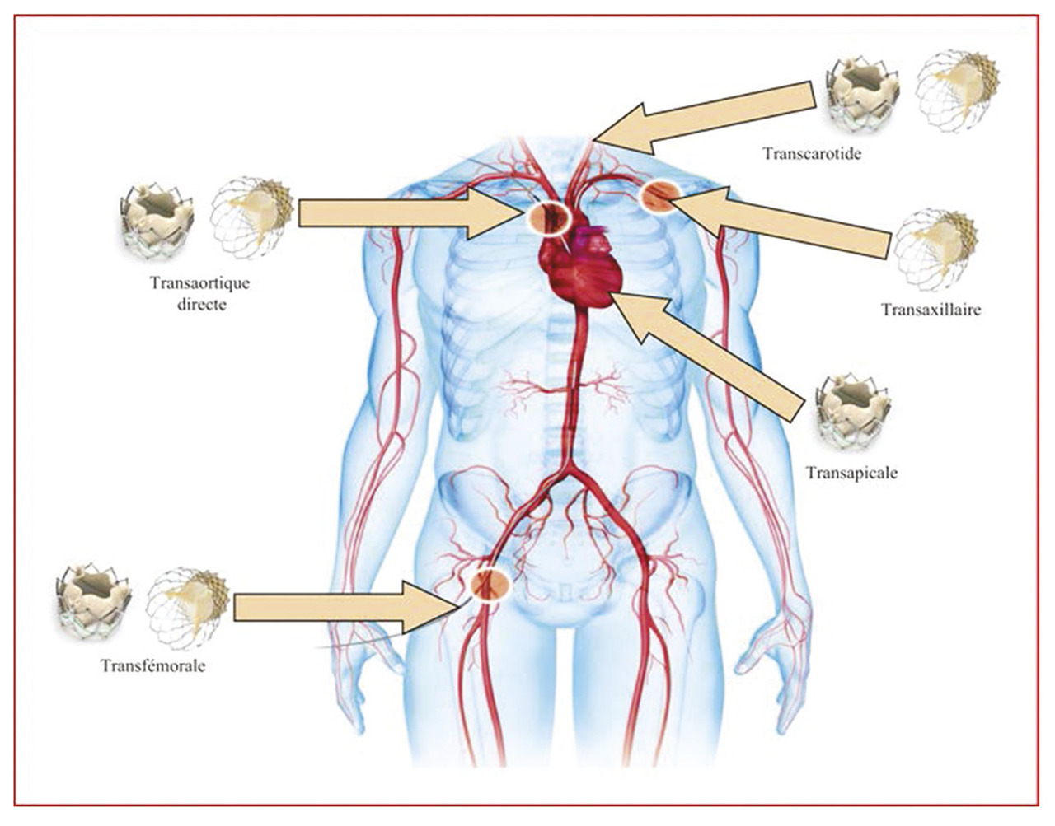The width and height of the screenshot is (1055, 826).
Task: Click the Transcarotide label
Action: [811, 153]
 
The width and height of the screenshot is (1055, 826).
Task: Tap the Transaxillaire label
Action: [931, 310]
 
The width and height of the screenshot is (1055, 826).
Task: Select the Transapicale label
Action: [851, 473]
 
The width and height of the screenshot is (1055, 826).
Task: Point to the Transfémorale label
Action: [153, 665]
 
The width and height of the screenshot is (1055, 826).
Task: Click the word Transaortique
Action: [200, 284]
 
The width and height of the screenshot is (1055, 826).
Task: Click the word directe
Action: [201, 304]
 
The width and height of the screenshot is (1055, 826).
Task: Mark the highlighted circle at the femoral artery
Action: [486, 583]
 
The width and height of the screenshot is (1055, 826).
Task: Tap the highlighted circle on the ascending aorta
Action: [549, 217]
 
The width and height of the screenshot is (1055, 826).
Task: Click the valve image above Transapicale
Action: [854, 411]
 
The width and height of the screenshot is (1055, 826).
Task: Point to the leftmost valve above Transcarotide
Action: [862, 91]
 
